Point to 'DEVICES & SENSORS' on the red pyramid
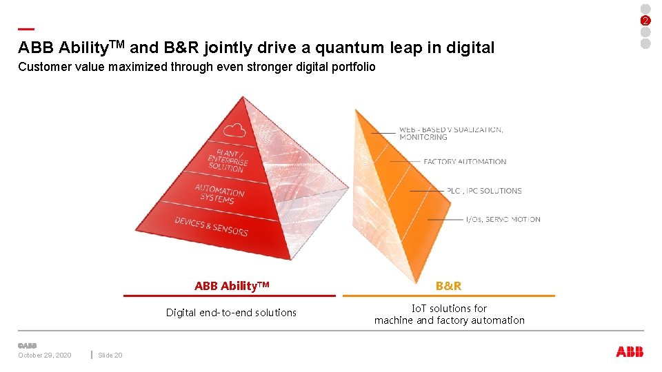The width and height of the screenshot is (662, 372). coord(211,226)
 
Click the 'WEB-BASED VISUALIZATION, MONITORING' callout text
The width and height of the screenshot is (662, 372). coord(450,133)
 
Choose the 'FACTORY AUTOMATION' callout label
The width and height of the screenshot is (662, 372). coord(465,162)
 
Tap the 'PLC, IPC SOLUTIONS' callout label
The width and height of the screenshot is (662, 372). coord(483,191)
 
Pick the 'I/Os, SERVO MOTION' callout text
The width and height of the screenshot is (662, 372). coord(503,220)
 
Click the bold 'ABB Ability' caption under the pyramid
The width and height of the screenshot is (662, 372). coord(232,286)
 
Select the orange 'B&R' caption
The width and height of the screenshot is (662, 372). coord(449,286)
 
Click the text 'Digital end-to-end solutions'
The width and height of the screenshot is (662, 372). coord(231,313)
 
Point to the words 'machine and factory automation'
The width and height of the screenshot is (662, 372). coord(449,320)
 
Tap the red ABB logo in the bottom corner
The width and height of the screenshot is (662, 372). coord(630,352)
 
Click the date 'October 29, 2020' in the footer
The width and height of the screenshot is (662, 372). coord(45,355)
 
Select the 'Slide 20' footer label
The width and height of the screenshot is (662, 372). coord(110,355)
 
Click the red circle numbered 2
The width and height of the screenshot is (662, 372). coord(645,20)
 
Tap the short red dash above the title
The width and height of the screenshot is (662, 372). coord(26,29)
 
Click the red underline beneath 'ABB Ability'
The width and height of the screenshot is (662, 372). coord(230,296)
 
